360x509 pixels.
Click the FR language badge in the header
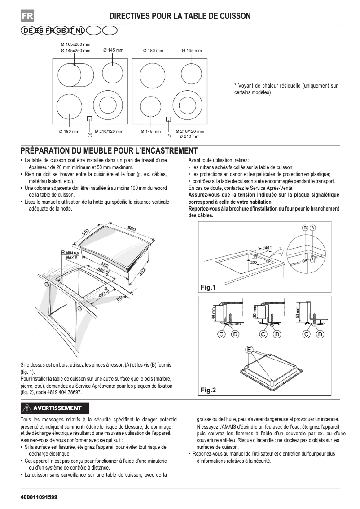(x=27, y=16)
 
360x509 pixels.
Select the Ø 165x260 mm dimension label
(x=75, y=44)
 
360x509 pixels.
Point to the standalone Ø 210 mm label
(x=189, y=136)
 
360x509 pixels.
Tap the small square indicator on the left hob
(x=89, y=119)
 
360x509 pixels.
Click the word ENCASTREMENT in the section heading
(x=165, y=150)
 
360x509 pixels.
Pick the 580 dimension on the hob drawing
(x=132, y=229)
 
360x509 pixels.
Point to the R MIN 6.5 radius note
(x=70, y=254)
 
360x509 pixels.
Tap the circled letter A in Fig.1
(x=313, y=228)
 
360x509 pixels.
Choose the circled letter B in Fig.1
(x=305, y=228)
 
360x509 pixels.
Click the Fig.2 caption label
(x=208, y=390)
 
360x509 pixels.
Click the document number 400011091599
(x=39, y=498)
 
